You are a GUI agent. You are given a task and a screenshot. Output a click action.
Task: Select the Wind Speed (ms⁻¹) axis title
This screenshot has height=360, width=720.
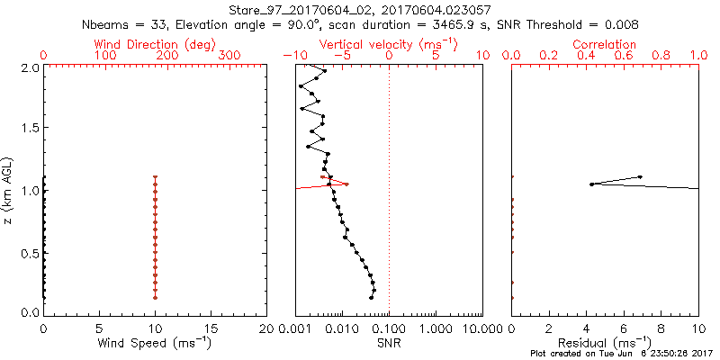[155, 342]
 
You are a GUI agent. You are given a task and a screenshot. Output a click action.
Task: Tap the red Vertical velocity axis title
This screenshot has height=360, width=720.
[388, 44]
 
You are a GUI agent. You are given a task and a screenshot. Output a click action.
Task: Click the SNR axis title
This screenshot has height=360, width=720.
[389, 343]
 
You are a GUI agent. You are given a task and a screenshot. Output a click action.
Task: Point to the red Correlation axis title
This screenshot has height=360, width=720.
[605, 44]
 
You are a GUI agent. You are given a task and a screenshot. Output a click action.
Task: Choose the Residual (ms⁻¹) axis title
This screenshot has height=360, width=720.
[605, 342]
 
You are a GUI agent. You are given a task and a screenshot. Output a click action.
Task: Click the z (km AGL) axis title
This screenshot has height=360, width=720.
[11, 189]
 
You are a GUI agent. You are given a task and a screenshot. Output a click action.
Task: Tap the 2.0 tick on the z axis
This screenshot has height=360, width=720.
[29, 67]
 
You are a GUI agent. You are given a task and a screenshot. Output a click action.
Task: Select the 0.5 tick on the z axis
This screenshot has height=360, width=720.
[29, 252]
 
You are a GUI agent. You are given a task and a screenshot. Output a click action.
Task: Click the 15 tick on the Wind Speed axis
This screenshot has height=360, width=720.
[211, 328]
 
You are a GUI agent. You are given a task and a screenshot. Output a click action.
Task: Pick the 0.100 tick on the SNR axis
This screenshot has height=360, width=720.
[389, 328]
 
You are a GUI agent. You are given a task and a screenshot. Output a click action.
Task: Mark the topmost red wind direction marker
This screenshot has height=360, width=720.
[155, 177]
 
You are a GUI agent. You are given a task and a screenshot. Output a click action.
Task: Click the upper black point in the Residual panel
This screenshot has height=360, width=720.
[640, 177]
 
